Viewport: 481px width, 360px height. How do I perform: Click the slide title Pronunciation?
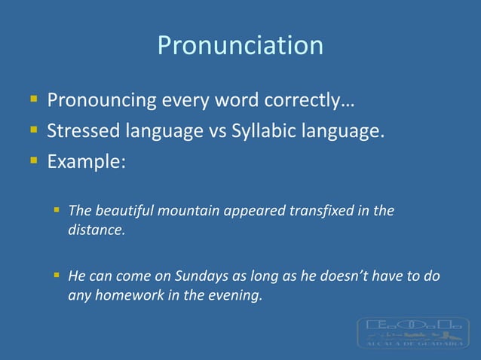(x=240, y=45)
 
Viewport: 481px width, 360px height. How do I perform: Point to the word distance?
(x=96, y=230)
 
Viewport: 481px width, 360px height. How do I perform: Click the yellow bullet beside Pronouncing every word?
(x=33, y=99)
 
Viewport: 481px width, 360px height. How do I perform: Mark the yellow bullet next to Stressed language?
(x=33, y=131)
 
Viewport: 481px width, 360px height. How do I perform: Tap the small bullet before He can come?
(x=57, y=275)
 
